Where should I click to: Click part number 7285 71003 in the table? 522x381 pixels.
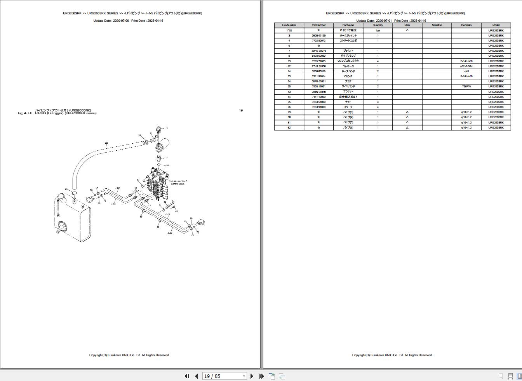point(318,61)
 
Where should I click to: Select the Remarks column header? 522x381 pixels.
point(466,25)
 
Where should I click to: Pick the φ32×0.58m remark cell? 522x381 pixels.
point(466,66)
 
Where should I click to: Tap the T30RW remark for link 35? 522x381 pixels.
point(466,87)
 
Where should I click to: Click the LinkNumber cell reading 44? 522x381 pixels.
point(289,97)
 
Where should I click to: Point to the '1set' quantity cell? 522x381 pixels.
point(378,30)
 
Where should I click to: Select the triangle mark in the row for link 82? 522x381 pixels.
point(407,127)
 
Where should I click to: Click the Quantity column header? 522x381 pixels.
point(378,25)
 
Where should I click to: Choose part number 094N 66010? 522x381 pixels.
point(318,92)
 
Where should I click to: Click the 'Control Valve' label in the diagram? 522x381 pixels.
point(177,184)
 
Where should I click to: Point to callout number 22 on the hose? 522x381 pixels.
point(106,143)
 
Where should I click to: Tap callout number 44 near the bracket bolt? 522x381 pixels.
point(176,211)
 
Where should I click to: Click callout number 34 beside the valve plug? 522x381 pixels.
point(138,181)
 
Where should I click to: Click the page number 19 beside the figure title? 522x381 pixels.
point(241,111)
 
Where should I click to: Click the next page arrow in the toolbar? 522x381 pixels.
point(252,376)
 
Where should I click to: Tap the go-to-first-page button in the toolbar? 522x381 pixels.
point(187,376)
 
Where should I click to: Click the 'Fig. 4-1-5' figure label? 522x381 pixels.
point(25,113)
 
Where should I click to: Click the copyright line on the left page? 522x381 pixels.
point(129,355)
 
